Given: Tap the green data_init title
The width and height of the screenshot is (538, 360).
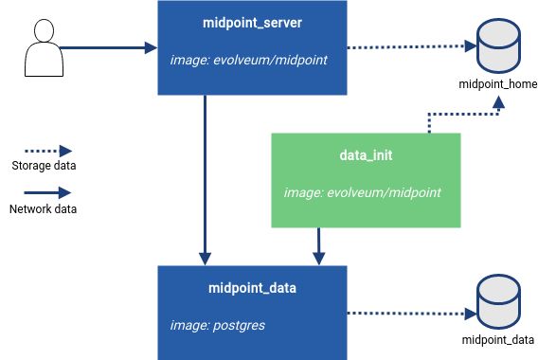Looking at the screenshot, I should click(367, 154).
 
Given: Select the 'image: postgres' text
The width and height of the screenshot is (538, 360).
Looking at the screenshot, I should click(217, 325).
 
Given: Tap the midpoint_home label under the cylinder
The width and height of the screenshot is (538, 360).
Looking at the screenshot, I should click(497, 84).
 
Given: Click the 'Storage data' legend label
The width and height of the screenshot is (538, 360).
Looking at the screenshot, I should click(44, 167).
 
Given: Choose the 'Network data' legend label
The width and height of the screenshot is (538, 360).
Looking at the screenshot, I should click(44, 209).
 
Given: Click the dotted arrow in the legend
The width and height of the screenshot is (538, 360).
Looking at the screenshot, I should click(44, 151).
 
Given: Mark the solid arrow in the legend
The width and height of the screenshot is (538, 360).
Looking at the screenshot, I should click(44, 192).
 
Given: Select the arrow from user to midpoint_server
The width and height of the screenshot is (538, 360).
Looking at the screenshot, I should click(106, 46).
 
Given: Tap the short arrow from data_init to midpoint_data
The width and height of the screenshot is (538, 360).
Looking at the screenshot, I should click(319, 245).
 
